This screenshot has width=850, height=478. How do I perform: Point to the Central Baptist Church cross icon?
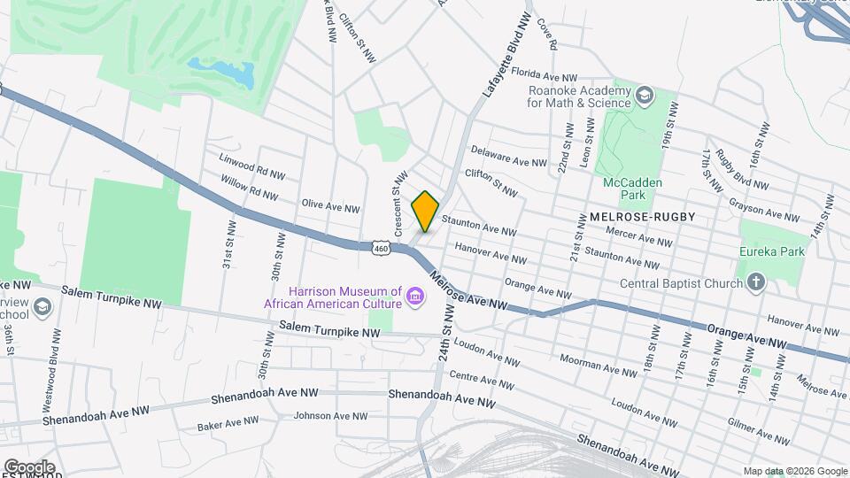755,283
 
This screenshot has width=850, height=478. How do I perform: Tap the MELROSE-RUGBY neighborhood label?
642,216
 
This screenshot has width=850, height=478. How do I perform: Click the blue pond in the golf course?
222,73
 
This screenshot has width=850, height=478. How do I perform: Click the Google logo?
29,466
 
